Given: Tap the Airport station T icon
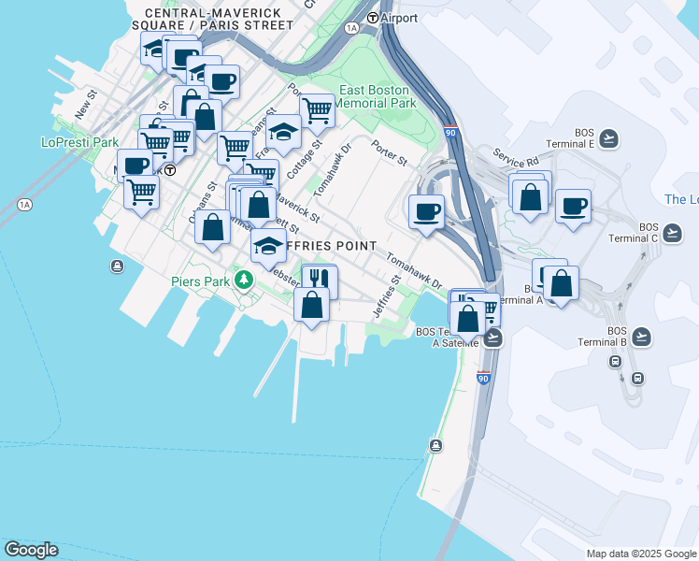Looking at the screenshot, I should click(x=373, y=18).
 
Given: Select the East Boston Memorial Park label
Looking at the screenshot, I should click(x=377, y=96).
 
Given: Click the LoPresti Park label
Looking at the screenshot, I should click(x=80, y=142).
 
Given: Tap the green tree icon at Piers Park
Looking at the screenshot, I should click(x=244, y=280).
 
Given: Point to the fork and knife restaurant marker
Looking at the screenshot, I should click(x=320, y=279).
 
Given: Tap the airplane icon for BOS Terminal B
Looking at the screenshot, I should click(x=640, y=336).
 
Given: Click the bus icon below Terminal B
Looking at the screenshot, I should click(x=637, y=378).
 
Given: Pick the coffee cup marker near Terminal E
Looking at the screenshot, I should click(x=573, y=205).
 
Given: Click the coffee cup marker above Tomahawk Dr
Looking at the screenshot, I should click(x=427, y=209).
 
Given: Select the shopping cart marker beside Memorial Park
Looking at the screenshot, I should click(x=317, y=109).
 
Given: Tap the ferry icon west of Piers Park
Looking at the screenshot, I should click(x=116, y=267).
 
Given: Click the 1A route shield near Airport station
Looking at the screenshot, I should click(x=351, y=28).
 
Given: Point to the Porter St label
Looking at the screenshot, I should click(x=389, y=154).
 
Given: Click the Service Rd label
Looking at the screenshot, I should click(x=517, y=160).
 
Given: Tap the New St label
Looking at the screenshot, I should click(x=86, y=104).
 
